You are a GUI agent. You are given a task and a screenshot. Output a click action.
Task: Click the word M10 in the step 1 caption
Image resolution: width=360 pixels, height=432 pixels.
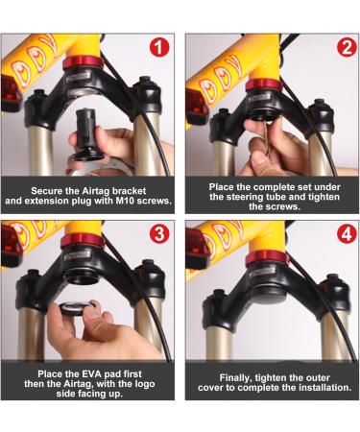point(122,203)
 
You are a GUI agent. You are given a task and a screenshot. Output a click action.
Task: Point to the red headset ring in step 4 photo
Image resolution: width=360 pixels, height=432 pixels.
point(267,257)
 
